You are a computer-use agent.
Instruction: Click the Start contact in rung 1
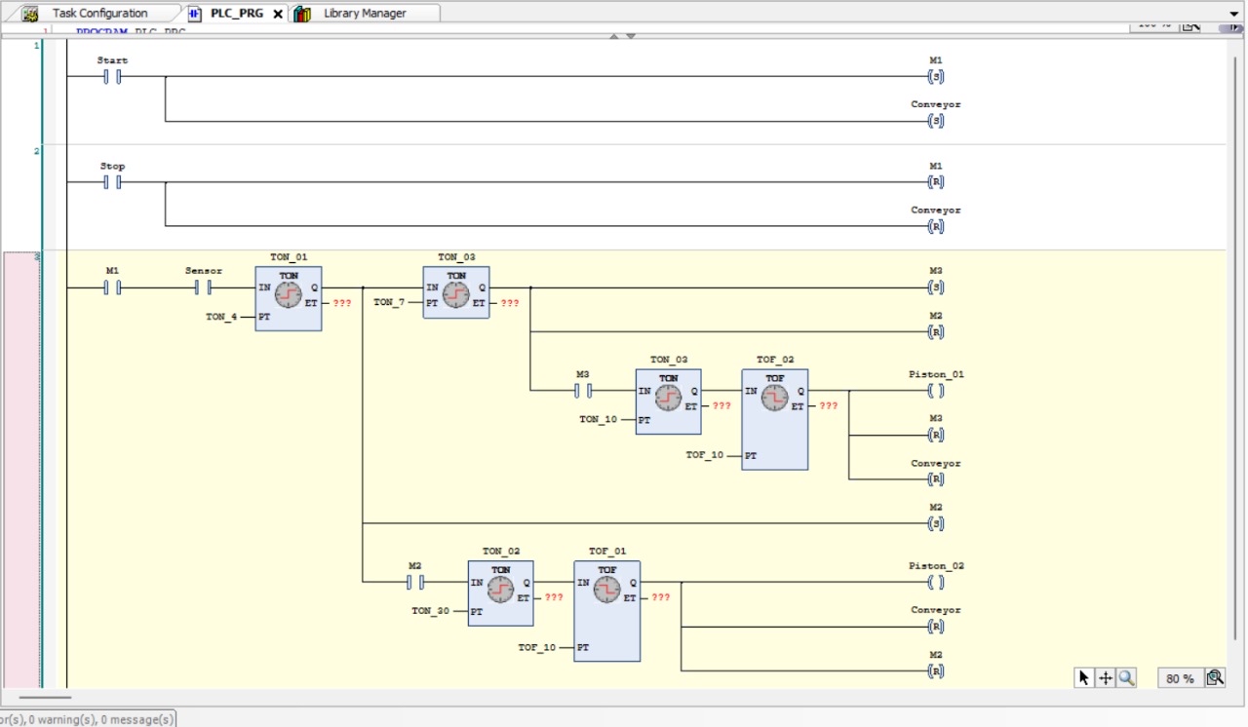112,77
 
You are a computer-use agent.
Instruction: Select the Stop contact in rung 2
112,182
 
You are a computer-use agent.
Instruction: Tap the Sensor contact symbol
203,287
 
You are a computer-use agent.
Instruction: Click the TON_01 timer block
289,298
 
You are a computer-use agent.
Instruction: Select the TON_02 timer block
500,593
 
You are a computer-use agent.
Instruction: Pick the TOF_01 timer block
606,611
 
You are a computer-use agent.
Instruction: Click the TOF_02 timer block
774,419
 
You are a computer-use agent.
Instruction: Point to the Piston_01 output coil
936,391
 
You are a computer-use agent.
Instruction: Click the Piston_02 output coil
936,583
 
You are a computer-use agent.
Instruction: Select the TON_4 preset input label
221,317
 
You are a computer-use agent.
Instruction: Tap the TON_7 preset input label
389,303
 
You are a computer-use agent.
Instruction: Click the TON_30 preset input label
430,611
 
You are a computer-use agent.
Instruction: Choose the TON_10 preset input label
598,420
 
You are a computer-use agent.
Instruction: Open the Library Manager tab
365,14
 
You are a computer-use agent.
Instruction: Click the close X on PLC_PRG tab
278,14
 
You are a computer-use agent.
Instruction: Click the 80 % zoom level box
1180,678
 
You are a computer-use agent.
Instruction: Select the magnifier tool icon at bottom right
1127,678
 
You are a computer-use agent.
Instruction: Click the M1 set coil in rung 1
936,77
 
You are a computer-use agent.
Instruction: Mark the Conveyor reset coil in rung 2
936,227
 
